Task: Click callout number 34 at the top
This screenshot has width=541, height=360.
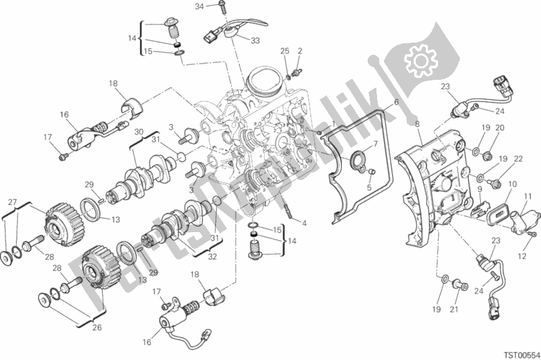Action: click(200, 7)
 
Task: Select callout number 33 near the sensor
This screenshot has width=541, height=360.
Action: click(255, 41)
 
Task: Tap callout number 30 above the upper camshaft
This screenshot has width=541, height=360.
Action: click(139, 132)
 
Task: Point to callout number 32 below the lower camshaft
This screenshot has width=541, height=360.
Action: click(213, 256)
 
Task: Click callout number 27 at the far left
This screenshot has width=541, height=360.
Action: click(12, 202)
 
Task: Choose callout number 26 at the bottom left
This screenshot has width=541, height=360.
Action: click(97, 327)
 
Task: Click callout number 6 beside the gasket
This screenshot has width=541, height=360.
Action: click(396, 102)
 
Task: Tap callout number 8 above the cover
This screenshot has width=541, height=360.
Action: click(417, 124)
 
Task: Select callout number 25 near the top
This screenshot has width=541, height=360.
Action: click(284, 51)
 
